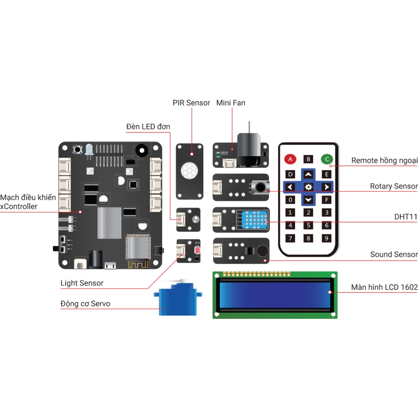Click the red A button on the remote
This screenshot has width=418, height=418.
(x=290, y=159)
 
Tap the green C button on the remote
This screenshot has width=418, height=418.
(x=327, y=159)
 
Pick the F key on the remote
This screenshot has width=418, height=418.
(x=326, y=200)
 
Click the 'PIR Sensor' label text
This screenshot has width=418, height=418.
(x=191, y=103)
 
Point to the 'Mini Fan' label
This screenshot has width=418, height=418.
(x=231, y=103)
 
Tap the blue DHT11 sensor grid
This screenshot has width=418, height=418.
(x=254, y=220)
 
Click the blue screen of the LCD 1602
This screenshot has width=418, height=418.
(x=275, y=295)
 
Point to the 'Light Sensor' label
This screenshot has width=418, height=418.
(x=82, y=283)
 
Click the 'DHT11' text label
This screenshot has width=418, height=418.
(x=406, y=217)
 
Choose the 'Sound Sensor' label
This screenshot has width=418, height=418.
(x=394, y=254)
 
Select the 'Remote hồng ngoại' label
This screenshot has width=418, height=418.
(x=384, y=160)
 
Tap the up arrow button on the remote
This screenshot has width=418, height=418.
(x=308, y=174)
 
